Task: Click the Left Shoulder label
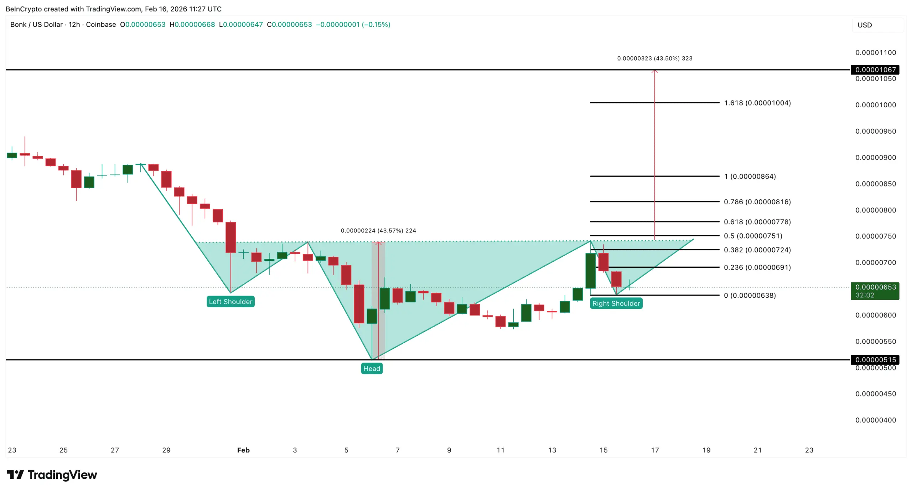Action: (x=230, y=302)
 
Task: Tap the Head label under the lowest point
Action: (x=372, y=369)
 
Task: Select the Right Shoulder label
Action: (x=616, y=303)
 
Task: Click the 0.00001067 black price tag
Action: (x=875, y=70)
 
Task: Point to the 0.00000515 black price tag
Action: (x=875, y=360)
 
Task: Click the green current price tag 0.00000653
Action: (x=875, y=287)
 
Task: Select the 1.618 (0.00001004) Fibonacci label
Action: (x=757, y=103)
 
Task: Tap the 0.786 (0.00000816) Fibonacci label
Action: (x=757, y=202)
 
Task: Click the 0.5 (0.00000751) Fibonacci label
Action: (x=753, y=236)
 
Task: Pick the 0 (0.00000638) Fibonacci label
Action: (x=750, y=295)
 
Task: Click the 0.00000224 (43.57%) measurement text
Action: (x=378, y=231)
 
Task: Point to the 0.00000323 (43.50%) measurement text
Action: (x=654, y=58)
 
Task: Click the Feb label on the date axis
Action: (x=243, y=450)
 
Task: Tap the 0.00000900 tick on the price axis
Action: (x=875, y=158)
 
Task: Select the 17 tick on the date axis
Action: (x=655, y=450)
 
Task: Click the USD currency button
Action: (x=865, y=25)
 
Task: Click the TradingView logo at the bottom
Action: (x=52, y=475)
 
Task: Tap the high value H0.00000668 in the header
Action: (x=192, y=25)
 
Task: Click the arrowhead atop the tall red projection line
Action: (x=654, y=71)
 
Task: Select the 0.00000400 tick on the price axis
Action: (x=875, y=420)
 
